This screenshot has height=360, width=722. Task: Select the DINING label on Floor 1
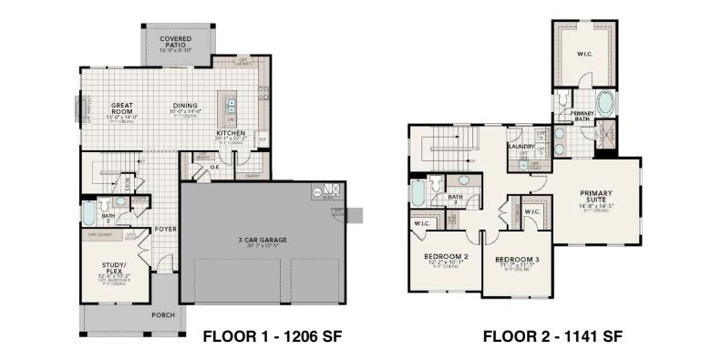[185, 106]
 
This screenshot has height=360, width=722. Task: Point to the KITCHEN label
[229, 133]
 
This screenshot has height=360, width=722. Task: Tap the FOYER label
[165, 229]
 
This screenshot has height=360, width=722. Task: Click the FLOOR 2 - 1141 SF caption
[552, 336]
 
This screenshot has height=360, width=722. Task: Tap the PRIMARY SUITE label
[596, 197]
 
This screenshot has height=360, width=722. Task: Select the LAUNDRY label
[521, 145]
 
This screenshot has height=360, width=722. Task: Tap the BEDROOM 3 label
[517, 260]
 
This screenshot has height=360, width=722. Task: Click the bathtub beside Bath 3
[418, 194]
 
